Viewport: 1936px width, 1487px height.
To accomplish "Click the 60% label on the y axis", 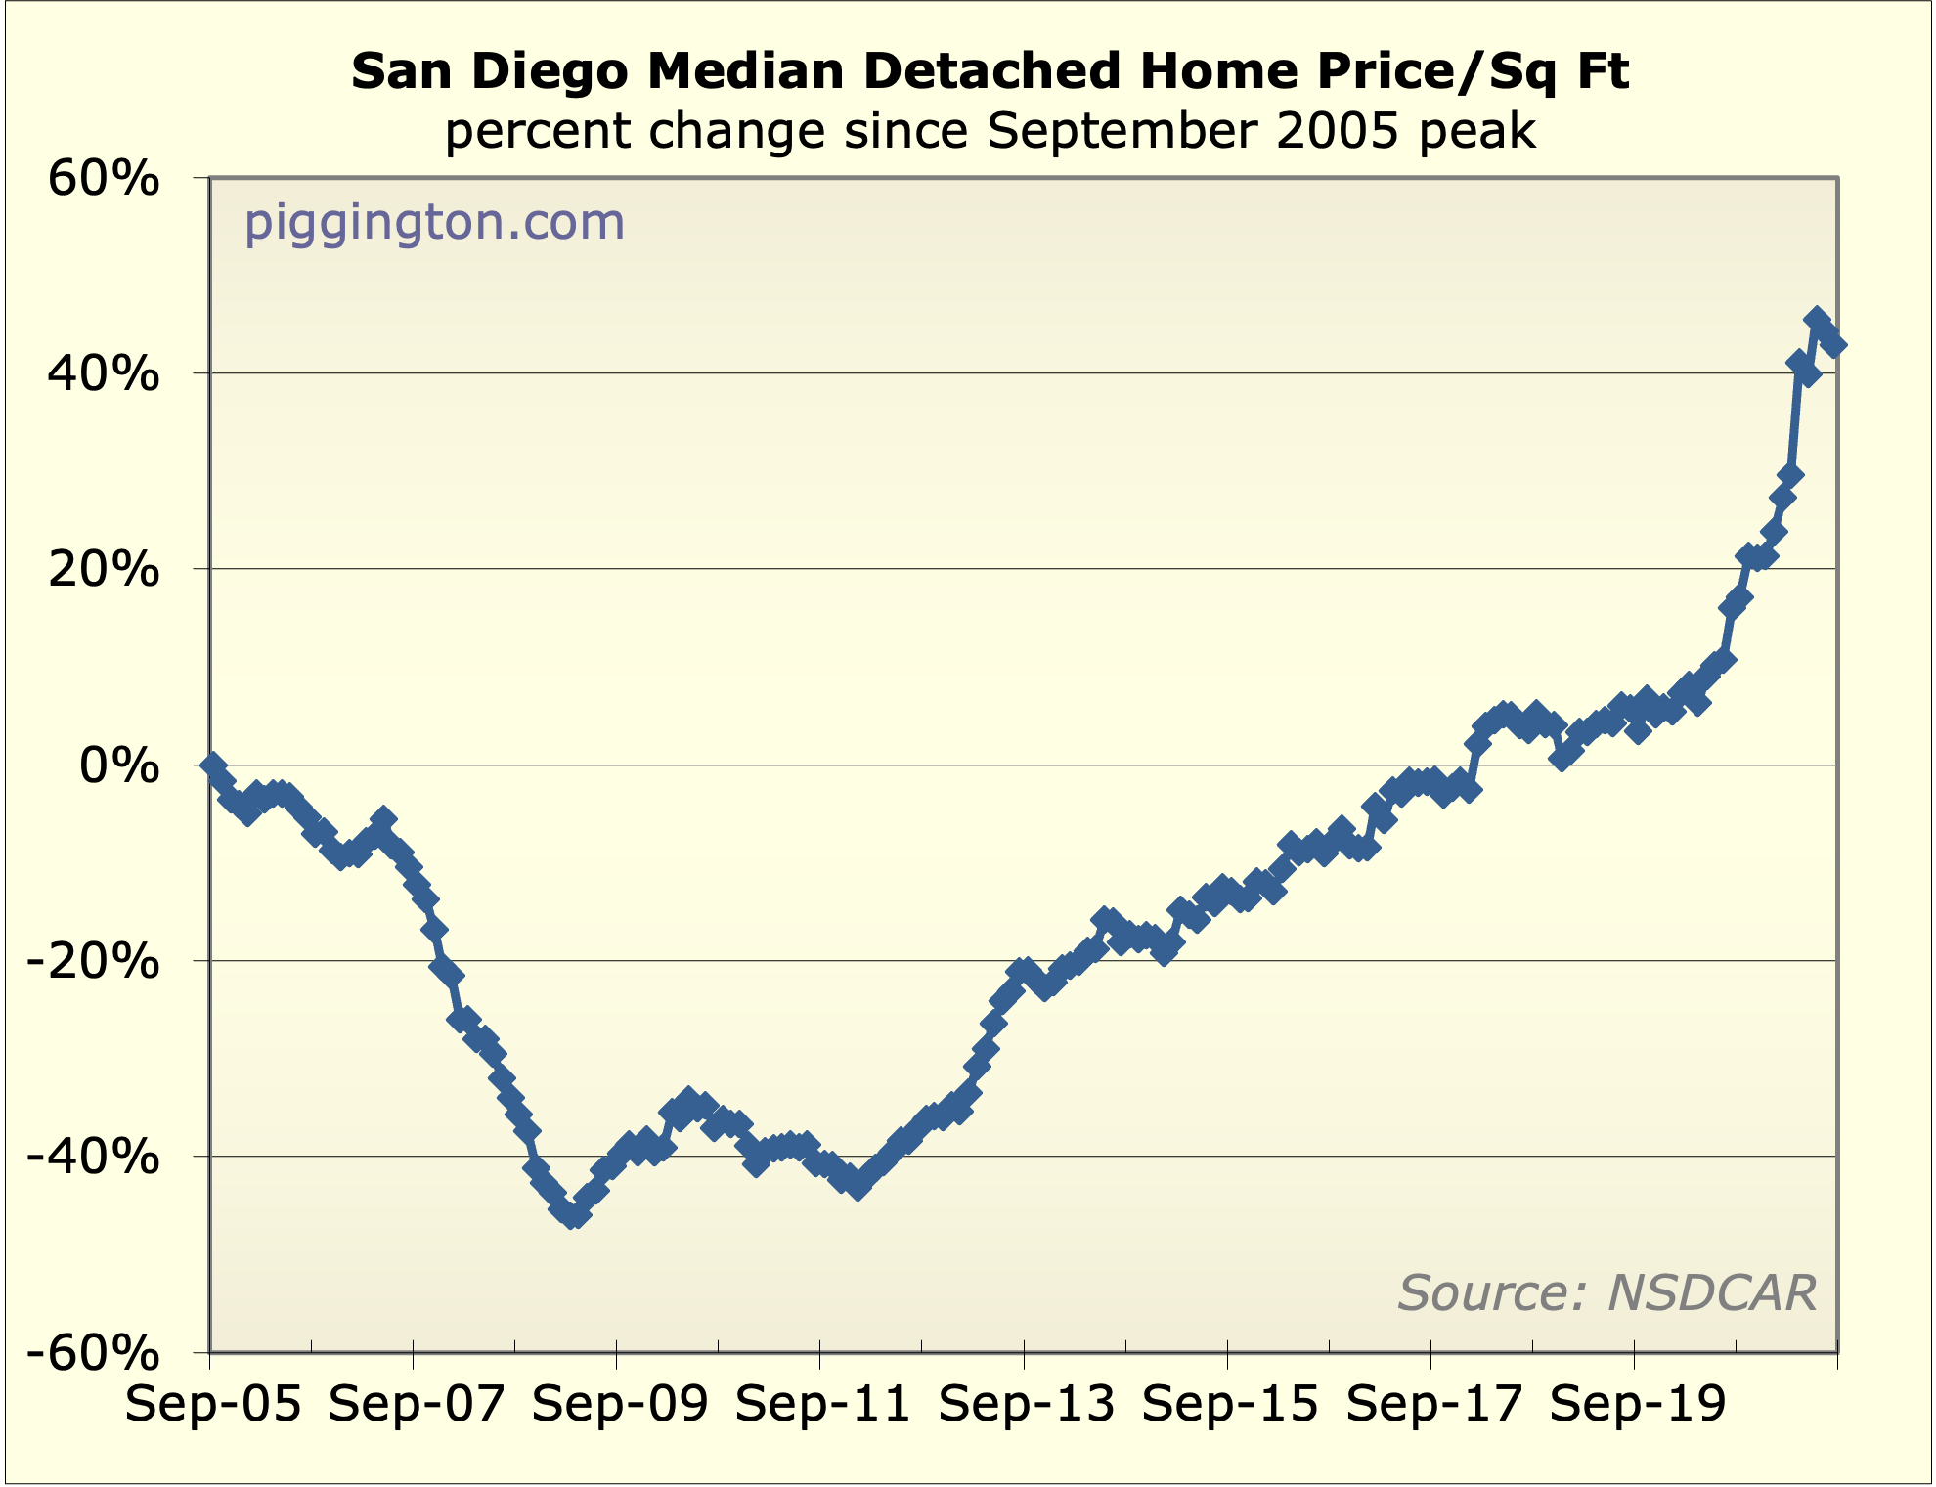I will pyautogui.click(x=103, y=180).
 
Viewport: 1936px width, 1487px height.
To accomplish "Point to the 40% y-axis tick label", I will pyautogui.click(x=103, y=374).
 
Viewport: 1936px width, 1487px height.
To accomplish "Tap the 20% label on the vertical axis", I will pyautogui.click(x=103, y=570).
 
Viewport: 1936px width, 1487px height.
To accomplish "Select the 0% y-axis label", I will pyautogui.click(x=119, y=765).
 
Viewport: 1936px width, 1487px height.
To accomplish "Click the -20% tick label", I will pyautogui.click(x=93, y=962).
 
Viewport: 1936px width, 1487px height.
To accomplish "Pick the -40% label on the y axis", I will pyautogui.click(x=93, y=1158).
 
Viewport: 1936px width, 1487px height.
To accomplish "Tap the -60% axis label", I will pyautogui.click(x=93, y=1354).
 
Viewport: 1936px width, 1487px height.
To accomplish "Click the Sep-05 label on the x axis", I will pyautogui.click(x=213, y=1405).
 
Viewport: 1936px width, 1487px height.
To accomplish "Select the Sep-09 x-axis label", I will pyautogui.click(x=620, y=1405).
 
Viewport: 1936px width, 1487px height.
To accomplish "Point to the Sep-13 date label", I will pyautogui.click(x=1027, y=1405).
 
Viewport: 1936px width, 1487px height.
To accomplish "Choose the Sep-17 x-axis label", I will pyautogui.click(x=1433, y=1405).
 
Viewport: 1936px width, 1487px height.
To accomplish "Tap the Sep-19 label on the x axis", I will pyautogui.click(x=1637, y=1405).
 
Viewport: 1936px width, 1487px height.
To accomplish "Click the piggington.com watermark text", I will pyautogui.click(x=434, y=222).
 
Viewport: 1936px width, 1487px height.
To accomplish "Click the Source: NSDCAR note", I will pyautogui.click(x=1606, y=1292).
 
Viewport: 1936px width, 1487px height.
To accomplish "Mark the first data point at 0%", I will pyautogui.click(x=213, y=765).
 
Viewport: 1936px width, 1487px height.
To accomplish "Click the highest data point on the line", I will pyautogui.click(x=1817, y=319).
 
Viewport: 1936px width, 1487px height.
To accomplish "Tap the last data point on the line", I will pyautogui.click(x=1834, y=344).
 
